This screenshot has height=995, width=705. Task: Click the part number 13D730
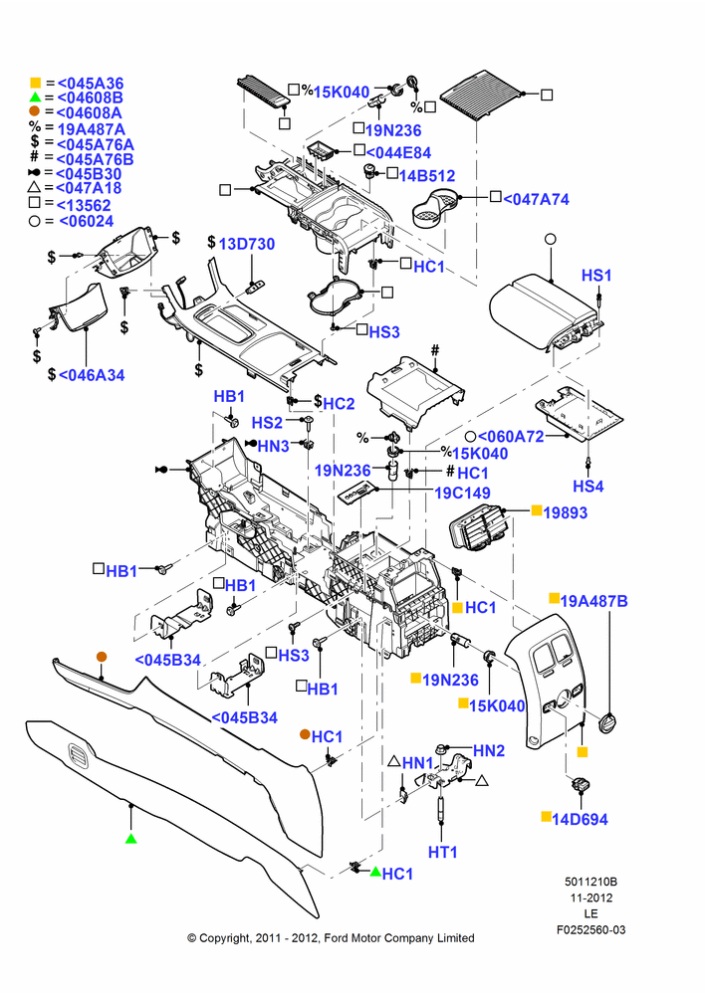click(x=246, y=244)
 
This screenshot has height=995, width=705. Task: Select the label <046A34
click(x=92, y=375)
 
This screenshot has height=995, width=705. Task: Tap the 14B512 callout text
click(x=427, y=176)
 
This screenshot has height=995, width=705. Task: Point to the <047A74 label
click(x=536, y=199)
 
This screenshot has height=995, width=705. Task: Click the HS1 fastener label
click(x=596, y=276)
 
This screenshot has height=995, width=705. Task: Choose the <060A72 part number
click(x=511, y=437)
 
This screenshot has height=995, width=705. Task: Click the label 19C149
click(x=462, y=494)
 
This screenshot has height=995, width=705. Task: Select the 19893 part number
click(x=566, y=512)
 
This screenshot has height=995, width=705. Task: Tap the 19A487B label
click(x=593, y=601)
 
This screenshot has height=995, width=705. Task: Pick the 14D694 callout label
click(x=580, y=819)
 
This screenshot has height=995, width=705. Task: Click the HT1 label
click(x=443, y=853)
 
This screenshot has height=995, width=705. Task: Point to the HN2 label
click(x=488, y=750)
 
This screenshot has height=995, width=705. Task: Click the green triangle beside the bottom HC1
click(x=375, y=872)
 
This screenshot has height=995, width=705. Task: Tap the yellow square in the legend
click(x=36, y=83)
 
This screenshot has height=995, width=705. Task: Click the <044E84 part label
click(x=398, y=153)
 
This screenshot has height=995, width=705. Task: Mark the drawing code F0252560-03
click(x=590, y=929)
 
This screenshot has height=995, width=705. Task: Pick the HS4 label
click(x=588, y=487)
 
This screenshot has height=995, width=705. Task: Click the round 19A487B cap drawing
click(x=608, y=723)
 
